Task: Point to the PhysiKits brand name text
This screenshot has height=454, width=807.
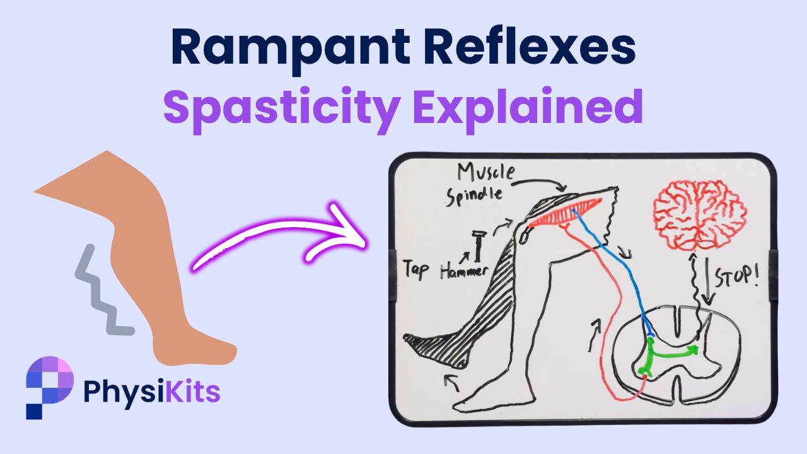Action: click(151, 391)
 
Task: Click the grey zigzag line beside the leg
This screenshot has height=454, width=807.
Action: click(101, 291)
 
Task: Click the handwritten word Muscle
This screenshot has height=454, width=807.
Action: click(486, 172)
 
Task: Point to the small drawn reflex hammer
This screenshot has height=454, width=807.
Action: click(478, 245)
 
